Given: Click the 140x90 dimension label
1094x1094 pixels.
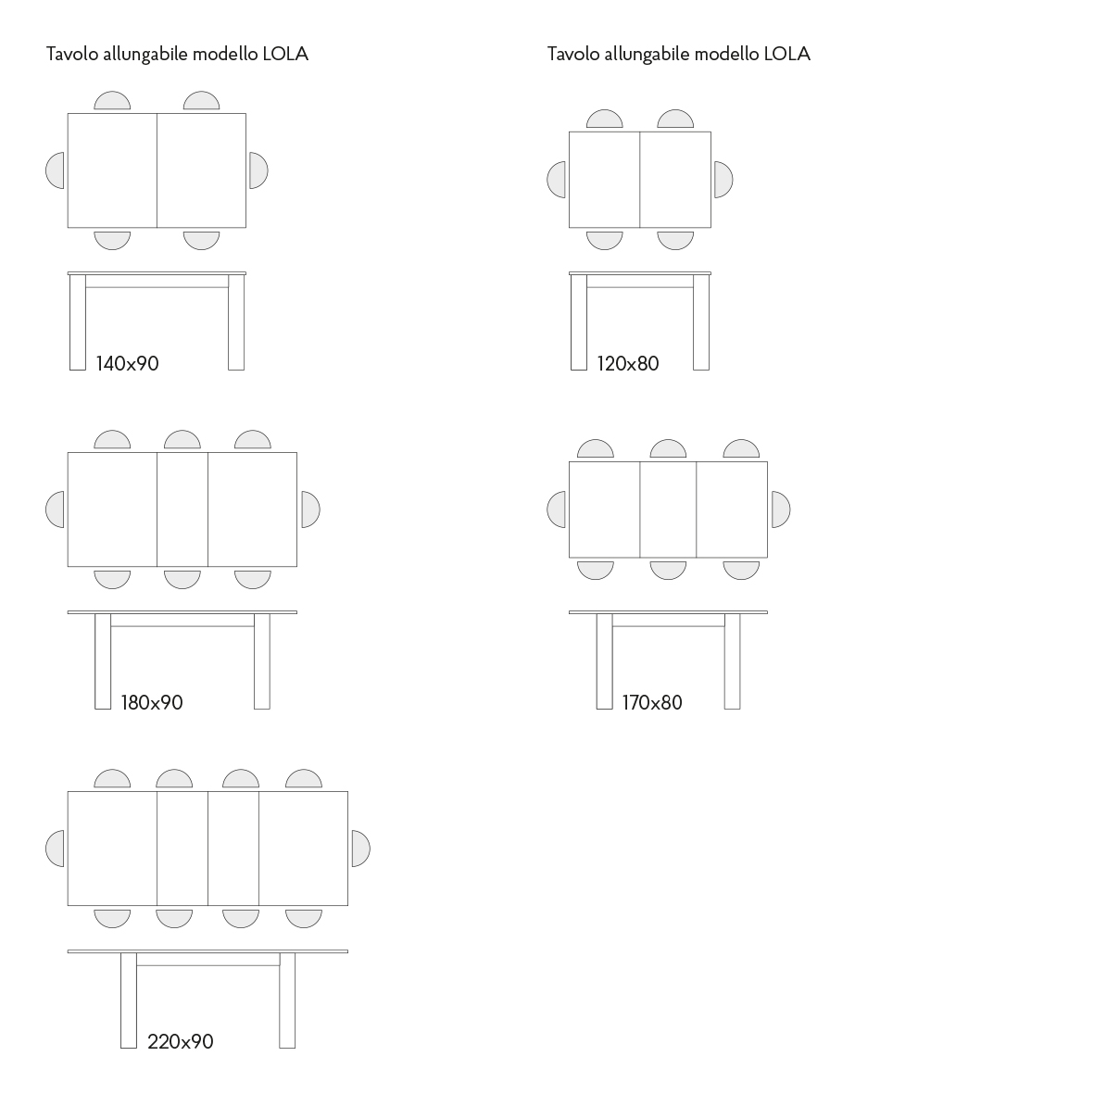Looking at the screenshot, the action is click(x=127, y=363).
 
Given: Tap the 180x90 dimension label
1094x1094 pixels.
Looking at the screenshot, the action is click(x=151, y=702).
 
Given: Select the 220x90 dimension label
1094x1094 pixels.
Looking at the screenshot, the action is click(x=180, y=1042).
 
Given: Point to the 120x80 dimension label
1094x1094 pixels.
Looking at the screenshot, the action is click(x=628, y=363).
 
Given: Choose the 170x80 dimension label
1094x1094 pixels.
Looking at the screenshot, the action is click(x=652, y=702).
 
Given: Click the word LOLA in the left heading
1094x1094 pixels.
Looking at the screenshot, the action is click(x=285, y=55).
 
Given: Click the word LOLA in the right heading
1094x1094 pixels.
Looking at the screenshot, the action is click(x=787, y=55).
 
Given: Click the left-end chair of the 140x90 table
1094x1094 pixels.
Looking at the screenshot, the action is click(x=56, y=170).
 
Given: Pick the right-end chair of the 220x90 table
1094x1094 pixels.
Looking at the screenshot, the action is click(x=360, y=849).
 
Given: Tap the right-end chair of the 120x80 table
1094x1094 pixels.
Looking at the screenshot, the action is click(x=723, y=180).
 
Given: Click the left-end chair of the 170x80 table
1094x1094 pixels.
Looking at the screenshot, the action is click(x=557, y=509).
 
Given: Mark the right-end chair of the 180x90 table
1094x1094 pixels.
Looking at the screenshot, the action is click(x=310, y=509).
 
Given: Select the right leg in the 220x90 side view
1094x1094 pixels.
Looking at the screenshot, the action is click(x=287, y=1000).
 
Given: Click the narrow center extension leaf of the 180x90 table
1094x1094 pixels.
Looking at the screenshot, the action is click(x=182, y=509).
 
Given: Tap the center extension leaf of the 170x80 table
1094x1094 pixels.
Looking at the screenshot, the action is click(x=668, y=509).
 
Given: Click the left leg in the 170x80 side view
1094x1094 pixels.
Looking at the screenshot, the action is click(x=604, y=661).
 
